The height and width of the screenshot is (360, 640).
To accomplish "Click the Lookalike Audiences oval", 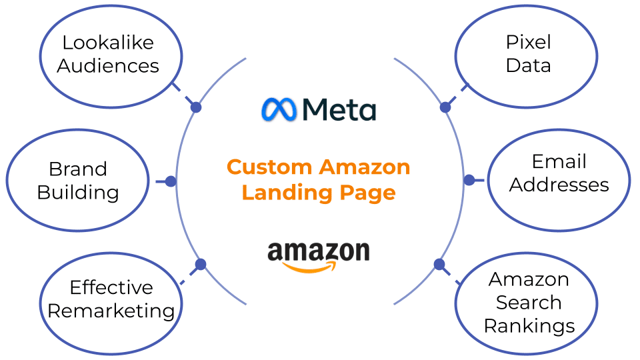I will (111, 55).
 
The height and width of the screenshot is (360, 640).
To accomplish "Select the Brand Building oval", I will (77, 181).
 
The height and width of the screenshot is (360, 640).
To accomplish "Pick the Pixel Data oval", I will (527, 55).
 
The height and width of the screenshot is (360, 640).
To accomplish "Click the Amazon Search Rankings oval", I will (527, 303).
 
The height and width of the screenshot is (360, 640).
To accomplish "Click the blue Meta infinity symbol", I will (279, 110).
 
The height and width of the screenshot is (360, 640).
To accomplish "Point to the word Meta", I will (339, 110).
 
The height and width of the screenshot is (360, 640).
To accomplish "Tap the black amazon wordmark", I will (318, 252).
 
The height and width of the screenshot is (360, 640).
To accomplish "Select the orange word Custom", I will (269, 167).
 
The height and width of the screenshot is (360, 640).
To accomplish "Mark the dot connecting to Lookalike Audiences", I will (195, 107).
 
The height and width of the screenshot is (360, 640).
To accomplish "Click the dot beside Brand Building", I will (171, 181).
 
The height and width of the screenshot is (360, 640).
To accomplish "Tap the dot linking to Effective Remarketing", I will (200, 265).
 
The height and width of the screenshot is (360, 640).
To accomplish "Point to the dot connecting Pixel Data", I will (445, 107).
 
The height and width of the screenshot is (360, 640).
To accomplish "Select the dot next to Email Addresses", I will (469, 180).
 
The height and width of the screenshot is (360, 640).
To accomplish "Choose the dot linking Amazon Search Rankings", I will (439, 264).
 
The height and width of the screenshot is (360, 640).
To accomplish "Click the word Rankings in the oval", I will (529, 326).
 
